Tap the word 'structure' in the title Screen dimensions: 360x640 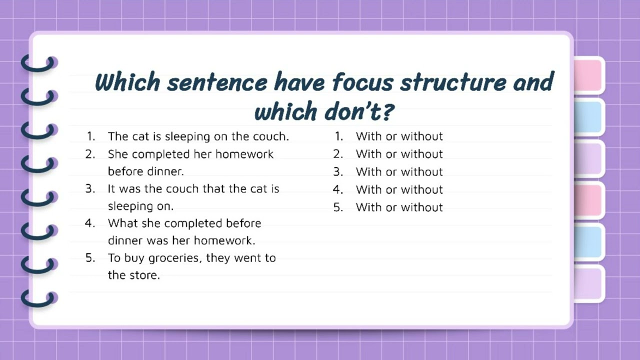[x=452, y=82]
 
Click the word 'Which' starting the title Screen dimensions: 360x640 [x=127, y=82]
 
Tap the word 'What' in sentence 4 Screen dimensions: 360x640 [x=122, y=223]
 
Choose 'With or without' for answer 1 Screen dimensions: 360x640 [x=399, y=136]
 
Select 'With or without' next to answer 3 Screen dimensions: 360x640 [x=399, y=172]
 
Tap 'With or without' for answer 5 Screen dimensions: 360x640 [x=399, y=207]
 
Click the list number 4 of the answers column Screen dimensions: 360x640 [x=338, y=189]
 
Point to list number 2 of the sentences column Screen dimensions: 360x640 [x=90, y=154]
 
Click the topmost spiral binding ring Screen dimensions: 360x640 [x=39, y=63]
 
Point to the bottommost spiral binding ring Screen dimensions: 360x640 [x=39, y=298]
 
